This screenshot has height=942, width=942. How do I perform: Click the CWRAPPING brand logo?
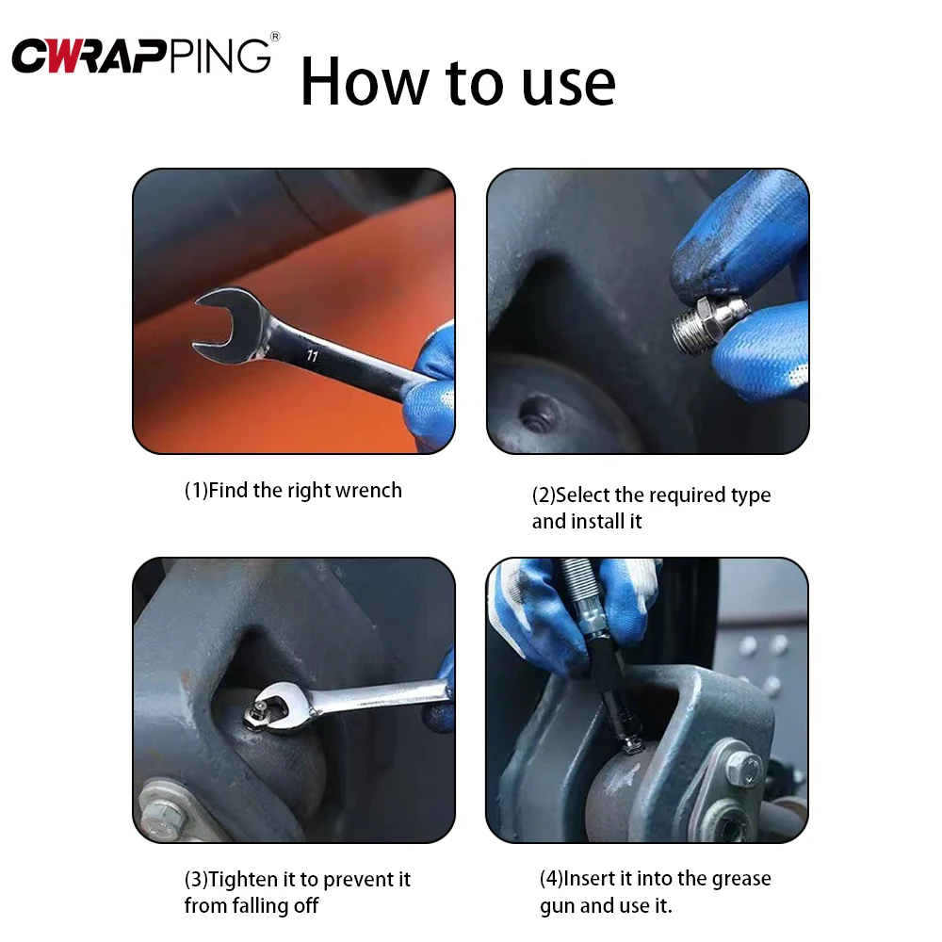(x=141, y=56)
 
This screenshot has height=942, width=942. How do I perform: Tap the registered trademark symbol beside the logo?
(x=275, y=37)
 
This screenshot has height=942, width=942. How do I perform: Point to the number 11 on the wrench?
(x=311, y=355)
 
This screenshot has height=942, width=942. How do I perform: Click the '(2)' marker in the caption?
(x=544, y=495)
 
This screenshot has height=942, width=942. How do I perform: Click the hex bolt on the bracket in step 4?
(x=744, y=767)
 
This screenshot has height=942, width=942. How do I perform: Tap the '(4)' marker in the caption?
(x=551, y=879)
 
